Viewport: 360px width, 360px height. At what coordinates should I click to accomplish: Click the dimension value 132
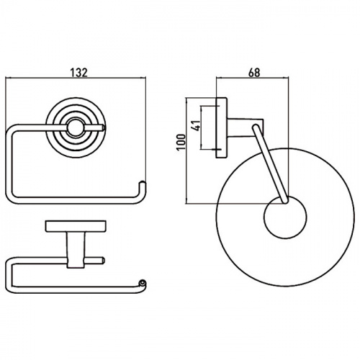78,73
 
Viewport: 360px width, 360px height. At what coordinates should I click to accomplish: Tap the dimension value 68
254,73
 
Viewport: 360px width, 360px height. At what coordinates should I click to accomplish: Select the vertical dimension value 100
181,142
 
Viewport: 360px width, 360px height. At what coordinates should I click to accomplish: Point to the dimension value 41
197,125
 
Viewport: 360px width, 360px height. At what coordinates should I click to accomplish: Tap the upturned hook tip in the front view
143,184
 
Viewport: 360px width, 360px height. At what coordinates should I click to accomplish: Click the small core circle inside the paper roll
285,217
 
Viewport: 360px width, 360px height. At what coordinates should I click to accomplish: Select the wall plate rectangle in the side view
222,127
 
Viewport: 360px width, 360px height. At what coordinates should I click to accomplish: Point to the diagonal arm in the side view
270,164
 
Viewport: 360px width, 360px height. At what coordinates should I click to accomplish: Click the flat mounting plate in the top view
76,226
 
